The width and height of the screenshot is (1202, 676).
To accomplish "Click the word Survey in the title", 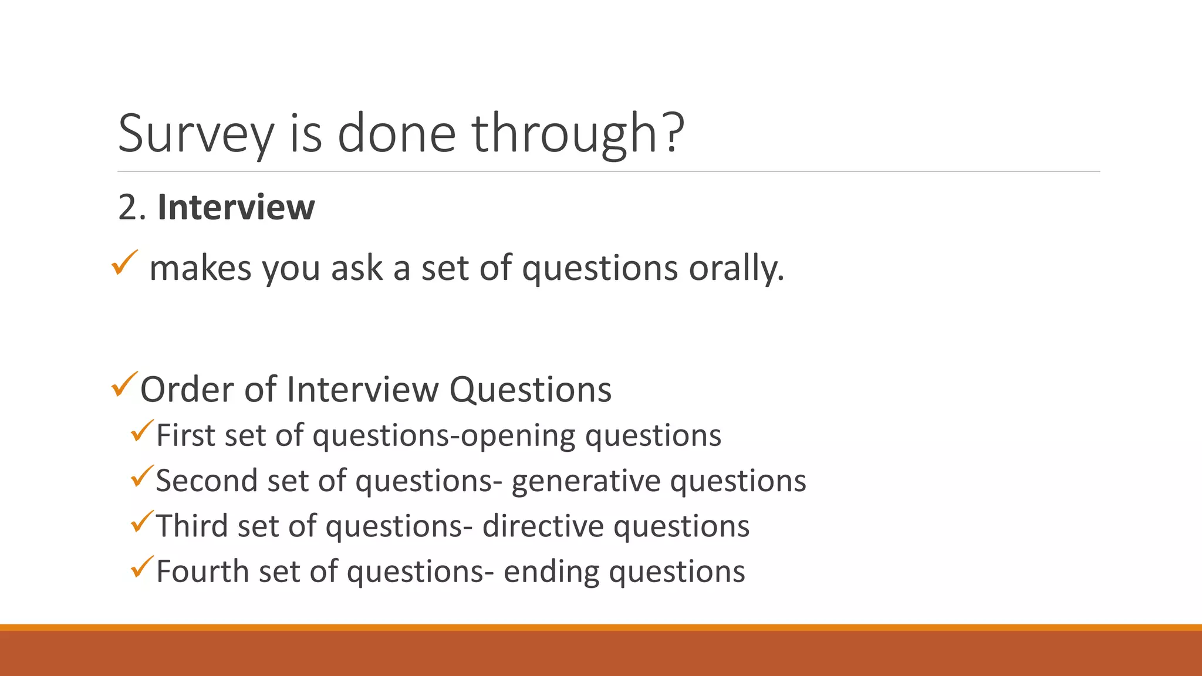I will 196,134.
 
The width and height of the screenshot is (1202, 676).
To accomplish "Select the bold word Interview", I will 236,207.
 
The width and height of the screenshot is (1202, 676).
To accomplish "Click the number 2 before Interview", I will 129,208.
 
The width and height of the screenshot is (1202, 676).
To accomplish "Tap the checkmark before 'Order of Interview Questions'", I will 124,384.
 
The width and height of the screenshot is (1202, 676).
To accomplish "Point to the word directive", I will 542,526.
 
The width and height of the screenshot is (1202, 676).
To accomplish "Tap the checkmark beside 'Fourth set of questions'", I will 142,567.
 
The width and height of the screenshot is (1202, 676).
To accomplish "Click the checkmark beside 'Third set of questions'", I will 142,522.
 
